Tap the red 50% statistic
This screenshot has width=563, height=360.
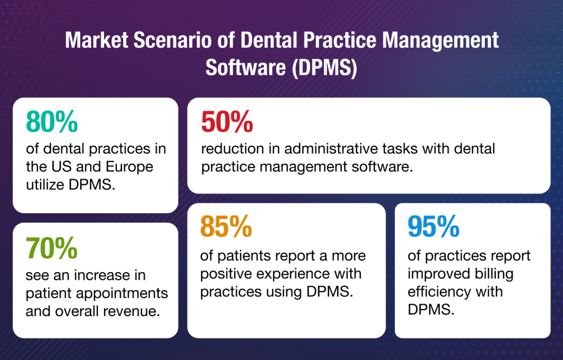[x=227, y=122]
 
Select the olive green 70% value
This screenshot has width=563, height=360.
[x=52, y=248]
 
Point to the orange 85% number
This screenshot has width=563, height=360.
[x=226, y=227]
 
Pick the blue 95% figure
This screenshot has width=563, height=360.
[x=433, y=226]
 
